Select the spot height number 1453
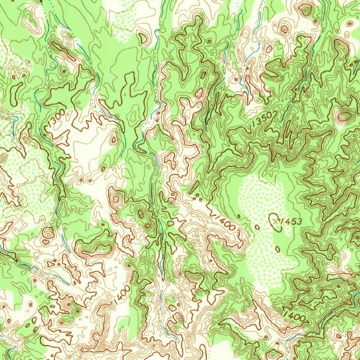pos(291,221)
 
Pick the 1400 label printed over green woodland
pos(294,315)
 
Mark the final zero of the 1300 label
pos(62,112)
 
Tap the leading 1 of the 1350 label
pos(254,126)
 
